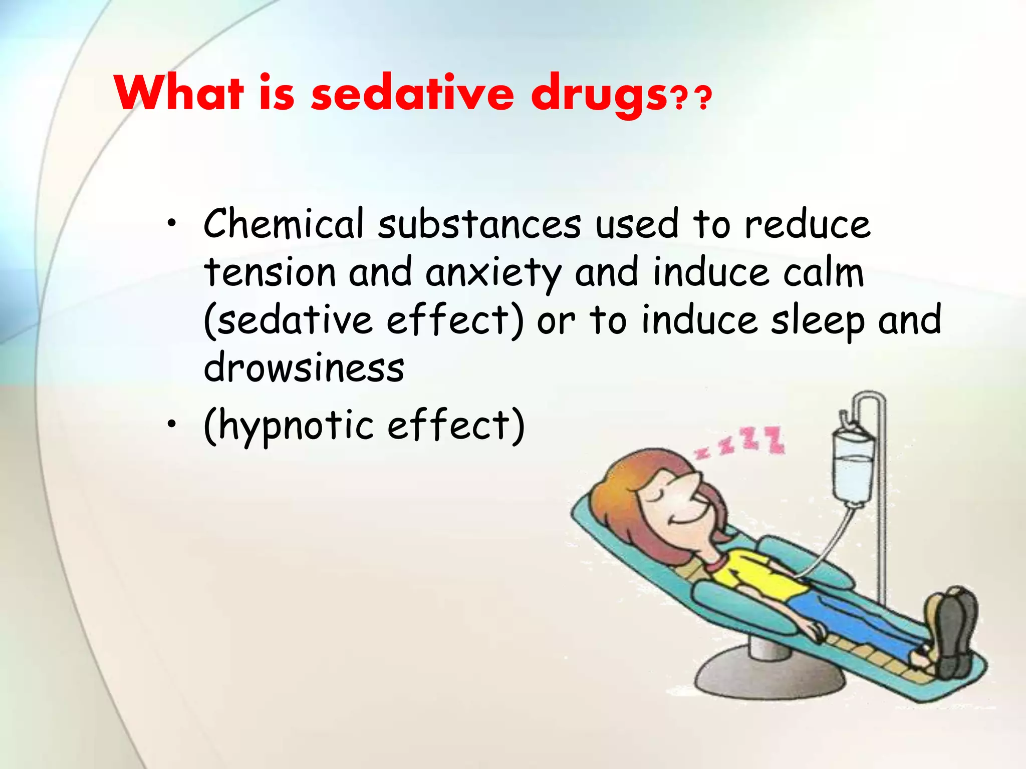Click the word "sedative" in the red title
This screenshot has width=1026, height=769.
click(x=412, y=93)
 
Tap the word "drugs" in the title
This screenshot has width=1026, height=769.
click(x=599, y=95)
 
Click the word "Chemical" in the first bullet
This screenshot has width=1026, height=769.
click(x=284, y=224)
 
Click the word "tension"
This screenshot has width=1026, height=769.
click(x=270, y=273)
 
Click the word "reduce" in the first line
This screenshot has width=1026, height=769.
click(x=808, y=224)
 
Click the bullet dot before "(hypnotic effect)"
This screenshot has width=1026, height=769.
click(x=172, y=425)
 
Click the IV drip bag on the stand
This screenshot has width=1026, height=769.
click(x=853, y=468)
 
